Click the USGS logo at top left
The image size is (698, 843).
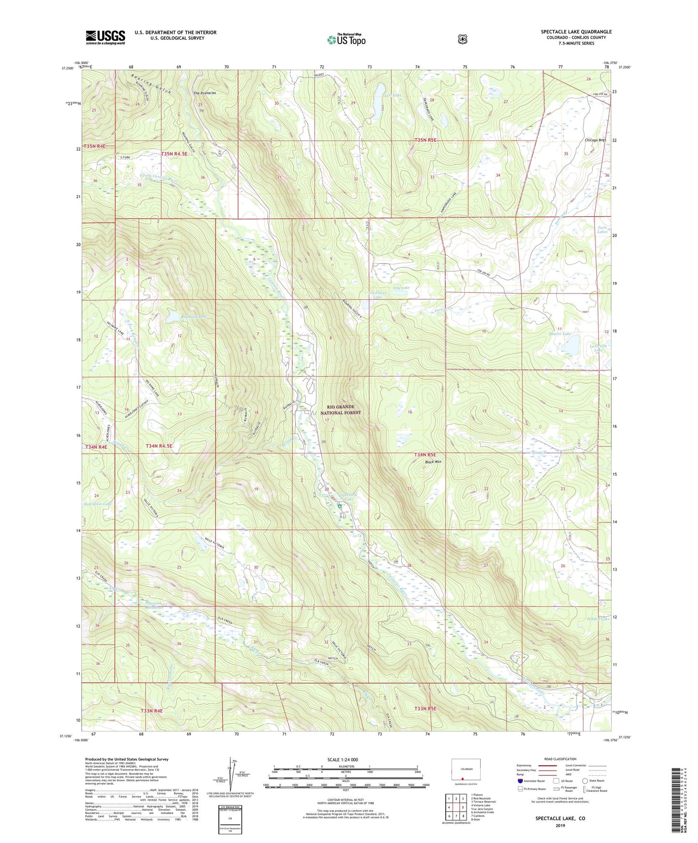pos(105,37)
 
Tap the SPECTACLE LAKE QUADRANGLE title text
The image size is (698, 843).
pos(576,32)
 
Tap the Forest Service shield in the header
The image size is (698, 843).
pos(462,39)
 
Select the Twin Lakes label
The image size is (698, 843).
pos(602,230)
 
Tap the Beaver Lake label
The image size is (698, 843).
pos(560,334)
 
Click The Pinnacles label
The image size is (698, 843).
pos(204,93)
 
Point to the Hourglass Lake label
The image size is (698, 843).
pos(98,504)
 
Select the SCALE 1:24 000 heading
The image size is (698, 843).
pos(342,759)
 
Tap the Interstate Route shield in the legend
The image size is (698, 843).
pos(520,781)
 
